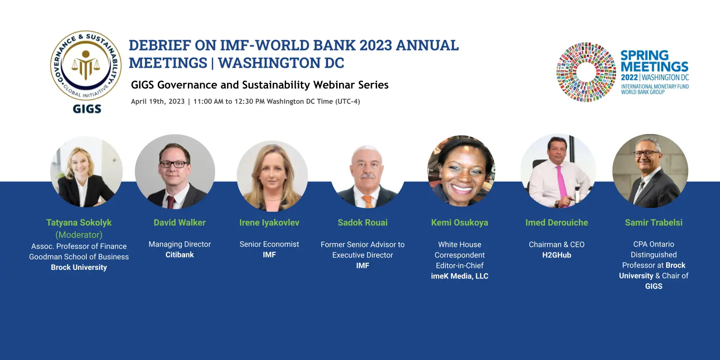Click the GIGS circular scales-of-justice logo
pyautogui.click(x=86, y=66)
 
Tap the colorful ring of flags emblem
pyautogui.click(x=586, y=72)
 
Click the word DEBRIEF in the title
pyautogui.click(x=160, y=45)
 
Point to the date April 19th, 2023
pyautogui.click(x=158, y=102)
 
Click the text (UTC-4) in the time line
pyautogui.click(x=348, y=102)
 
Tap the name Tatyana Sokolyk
pyautogui.click(x=79, y=222)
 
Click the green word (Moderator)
pyautogui.click(x=79, y=235)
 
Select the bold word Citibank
pyautogui.click(x=180, y=255)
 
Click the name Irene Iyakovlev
pyautogui.click(x=269, y=222)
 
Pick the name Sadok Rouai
pyautogui.click(x=362, y=222)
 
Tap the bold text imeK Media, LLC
pyautogui.click(x=460, y=276)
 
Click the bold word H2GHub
pyautogui.click(x=557, y=255)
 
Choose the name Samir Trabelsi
pyautogui.click(x=653, y=222)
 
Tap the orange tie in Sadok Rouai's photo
pyautogui.click(x=368, y=201)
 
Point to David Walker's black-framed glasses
pyautogui.click(x=174, y=164)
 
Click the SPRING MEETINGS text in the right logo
pyautogui.click(x=654, y=61)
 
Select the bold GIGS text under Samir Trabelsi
pyautogui.click(x=654, y=287)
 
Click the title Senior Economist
pyautogui.click(x=269, y=244)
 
